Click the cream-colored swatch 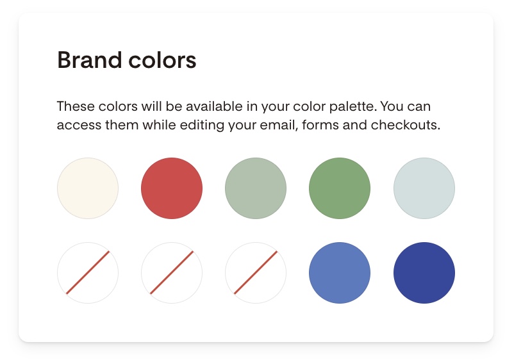[88, 188]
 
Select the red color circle [172, 188]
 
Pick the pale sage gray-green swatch [256, 188]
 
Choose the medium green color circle [340, 188]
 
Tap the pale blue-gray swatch [424, 188]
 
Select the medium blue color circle [340, 273]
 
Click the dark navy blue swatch [424, 273]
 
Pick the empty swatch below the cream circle [88, 273]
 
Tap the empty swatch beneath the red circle [172, 273]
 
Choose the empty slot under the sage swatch [256, 273]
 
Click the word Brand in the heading [90, 60]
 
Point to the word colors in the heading [162, 60]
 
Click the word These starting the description [76, 106]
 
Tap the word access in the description [79, 125]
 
